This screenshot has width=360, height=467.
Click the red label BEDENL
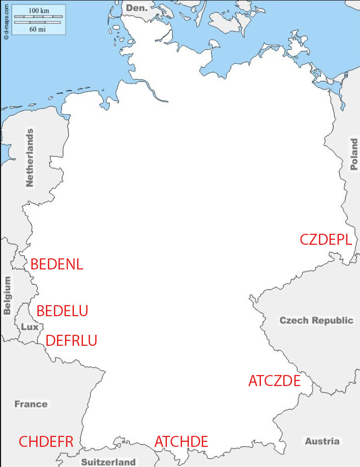tap(56, 264)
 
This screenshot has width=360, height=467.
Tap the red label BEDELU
tap(62, 311)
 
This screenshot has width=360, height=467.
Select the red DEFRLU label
tap(71, 340)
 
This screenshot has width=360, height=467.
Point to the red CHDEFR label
tap(46, 442)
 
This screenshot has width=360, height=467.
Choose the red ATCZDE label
tap(274, 381)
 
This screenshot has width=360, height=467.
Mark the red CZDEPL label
tap(325, 240)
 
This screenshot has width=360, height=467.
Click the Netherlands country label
tap(30, 157)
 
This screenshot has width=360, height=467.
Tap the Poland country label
tap(354, 155)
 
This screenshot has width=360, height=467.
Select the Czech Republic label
tap(316, 320)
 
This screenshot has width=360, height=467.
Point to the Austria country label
tap(322, 441)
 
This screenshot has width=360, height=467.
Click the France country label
tap(31, 404)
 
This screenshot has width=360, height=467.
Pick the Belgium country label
tap(7, 296)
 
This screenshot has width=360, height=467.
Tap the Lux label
tap(29, 327)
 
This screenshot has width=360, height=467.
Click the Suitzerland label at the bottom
tap(109, 461)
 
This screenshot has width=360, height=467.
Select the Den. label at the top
tap(137, 8)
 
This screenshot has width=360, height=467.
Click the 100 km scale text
tap(38, 11)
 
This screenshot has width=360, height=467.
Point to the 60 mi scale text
tap(38, 29)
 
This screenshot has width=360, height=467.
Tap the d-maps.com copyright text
tap(6, 20)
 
